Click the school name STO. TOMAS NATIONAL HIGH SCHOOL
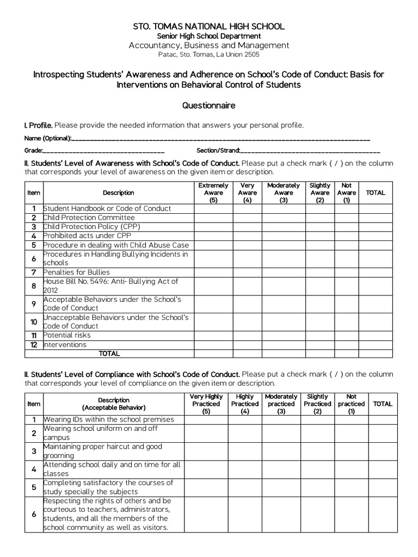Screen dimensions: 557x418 pos(209,27)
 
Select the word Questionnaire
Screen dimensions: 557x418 pos(209,106)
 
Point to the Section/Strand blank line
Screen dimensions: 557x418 pos(310,151)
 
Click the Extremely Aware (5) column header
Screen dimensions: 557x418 pos(213,193)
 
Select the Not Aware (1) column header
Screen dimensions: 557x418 pos(347,193)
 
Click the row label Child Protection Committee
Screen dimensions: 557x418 pos(89,218)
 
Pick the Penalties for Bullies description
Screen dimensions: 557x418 pos(77,272)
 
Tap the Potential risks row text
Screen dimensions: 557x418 pos(67,335)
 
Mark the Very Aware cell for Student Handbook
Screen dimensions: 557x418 pos(248,208)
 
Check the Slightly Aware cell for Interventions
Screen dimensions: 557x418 pos(319,344)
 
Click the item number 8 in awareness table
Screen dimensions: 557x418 pos(34,286)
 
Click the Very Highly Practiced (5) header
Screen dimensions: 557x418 pos(206,404)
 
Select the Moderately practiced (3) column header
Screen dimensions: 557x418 pos(281,404)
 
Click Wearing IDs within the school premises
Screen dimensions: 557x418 pos(109,419)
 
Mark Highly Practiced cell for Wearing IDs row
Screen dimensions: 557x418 pos(245,419)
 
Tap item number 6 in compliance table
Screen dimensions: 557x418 pos(34,514)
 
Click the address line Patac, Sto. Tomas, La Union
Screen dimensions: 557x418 pos(209,54)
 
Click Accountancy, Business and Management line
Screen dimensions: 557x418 pos(209,45)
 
